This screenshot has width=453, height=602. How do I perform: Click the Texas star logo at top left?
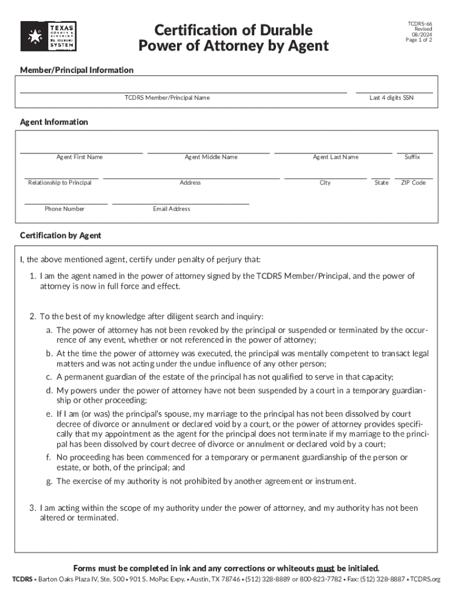tap(34, 36)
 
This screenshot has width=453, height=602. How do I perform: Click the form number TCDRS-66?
tap(420, 23)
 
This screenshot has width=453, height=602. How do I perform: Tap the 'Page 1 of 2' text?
tap(419, 40)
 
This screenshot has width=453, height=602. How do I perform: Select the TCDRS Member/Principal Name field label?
tap(166, 98)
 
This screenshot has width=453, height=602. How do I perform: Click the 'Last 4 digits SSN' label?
tap(391, 98)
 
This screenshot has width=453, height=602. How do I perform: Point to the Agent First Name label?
tap(79, 157)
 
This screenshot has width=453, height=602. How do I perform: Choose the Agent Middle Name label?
tap(211, 157)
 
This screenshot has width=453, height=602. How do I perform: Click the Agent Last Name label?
tap(335, 157)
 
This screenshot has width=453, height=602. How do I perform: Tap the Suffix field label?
tap(412, 157)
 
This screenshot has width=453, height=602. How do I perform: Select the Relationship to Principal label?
tap(59, 183)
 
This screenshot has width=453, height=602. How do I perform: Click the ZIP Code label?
tap(413, 183)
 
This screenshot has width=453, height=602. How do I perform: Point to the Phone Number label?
tap(64, 209)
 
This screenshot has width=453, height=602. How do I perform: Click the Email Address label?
tap(171, 209)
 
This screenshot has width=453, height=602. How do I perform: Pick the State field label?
tap(381, 183)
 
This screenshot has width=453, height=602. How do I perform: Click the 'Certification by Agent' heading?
tap(61, 235)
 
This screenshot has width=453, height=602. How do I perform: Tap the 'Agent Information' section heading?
tap(54, 122)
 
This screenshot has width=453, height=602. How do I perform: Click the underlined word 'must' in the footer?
tap(325, 568)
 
